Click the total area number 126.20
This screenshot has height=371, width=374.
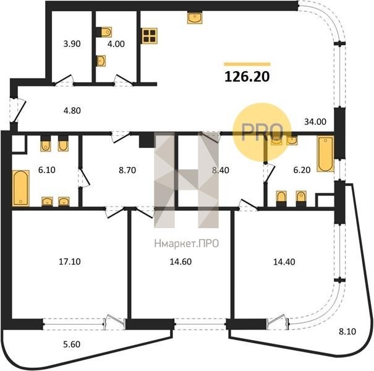[x=247, y=77]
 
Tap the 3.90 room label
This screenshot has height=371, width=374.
[x=72, y=44]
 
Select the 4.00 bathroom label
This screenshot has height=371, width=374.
[x=116, y=44]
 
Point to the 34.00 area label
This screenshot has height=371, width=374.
[x=315, y=122]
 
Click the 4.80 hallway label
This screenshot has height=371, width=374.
[x=72, y=111]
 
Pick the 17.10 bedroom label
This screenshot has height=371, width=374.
[x=70, y=262]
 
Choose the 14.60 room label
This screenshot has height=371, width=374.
[x=181, y=262]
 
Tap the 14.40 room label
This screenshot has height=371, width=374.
[x=284, y=262]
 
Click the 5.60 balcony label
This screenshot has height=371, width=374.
[x=72, y=344]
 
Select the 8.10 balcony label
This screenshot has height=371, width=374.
[x=347, y=331]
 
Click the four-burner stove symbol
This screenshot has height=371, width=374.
[x=150, y=36]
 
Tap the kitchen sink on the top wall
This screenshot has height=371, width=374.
[x=195, y=18]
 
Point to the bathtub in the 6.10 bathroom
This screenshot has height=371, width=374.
[x=21, y=188]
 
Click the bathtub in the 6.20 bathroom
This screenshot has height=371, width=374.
[x=325, y=153]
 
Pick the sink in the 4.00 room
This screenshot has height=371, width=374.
[x=101, y=61]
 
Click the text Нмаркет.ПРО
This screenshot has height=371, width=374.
[x=187, y=244]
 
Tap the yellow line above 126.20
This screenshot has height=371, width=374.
[x=247, y=64]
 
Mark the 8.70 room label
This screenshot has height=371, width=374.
[x=127, y=170]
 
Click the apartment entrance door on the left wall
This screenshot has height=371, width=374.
[x=17, y=111]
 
